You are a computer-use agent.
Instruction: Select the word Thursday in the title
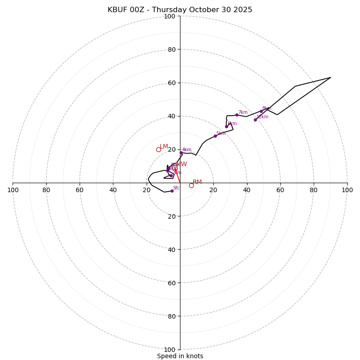pos(175,10)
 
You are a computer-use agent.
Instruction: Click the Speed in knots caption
pos(180,356)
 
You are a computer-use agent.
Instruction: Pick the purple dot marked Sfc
pos(172,191)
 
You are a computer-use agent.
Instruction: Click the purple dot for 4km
pos(181,153)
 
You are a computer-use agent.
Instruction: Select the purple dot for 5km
pos(215,136)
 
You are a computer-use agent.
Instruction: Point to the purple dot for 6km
pos(226,126)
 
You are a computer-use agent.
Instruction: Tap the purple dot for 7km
pos(237,115)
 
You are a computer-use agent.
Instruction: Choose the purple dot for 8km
pos(261,111)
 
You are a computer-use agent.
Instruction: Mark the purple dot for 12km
pos(255,120)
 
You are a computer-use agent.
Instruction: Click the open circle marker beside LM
pos(158,149)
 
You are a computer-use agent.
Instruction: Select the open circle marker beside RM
pos(191,185)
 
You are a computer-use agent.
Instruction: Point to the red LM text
pos(164,147)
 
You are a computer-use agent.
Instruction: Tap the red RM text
pos(197,182)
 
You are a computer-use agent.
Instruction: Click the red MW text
pos(181,164)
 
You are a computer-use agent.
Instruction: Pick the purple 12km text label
pos(262,117)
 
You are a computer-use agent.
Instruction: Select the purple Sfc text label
pos(176,188)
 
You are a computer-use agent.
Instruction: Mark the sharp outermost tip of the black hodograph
pos(331,77)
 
